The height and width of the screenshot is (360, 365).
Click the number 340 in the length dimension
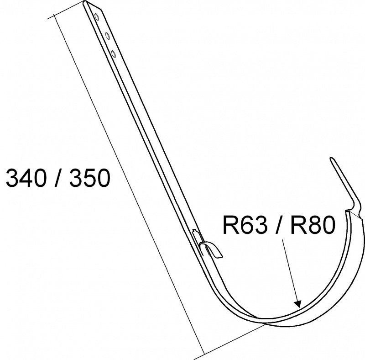coord(26,178)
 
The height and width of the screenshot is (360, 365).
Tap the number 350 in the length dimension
coord(89,178)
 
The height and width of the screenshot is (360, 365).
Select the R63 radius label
coord(245,225)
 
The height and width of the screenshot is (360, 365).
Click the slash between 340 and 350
coord(57,178)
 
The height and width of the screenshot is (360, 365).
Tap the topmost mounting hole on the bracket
coord(96,17)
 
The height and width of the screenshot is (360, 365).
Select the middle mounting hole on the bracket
coord(107,36)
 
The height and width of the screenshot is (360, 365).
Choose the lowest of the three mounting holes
coord(114,54)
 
